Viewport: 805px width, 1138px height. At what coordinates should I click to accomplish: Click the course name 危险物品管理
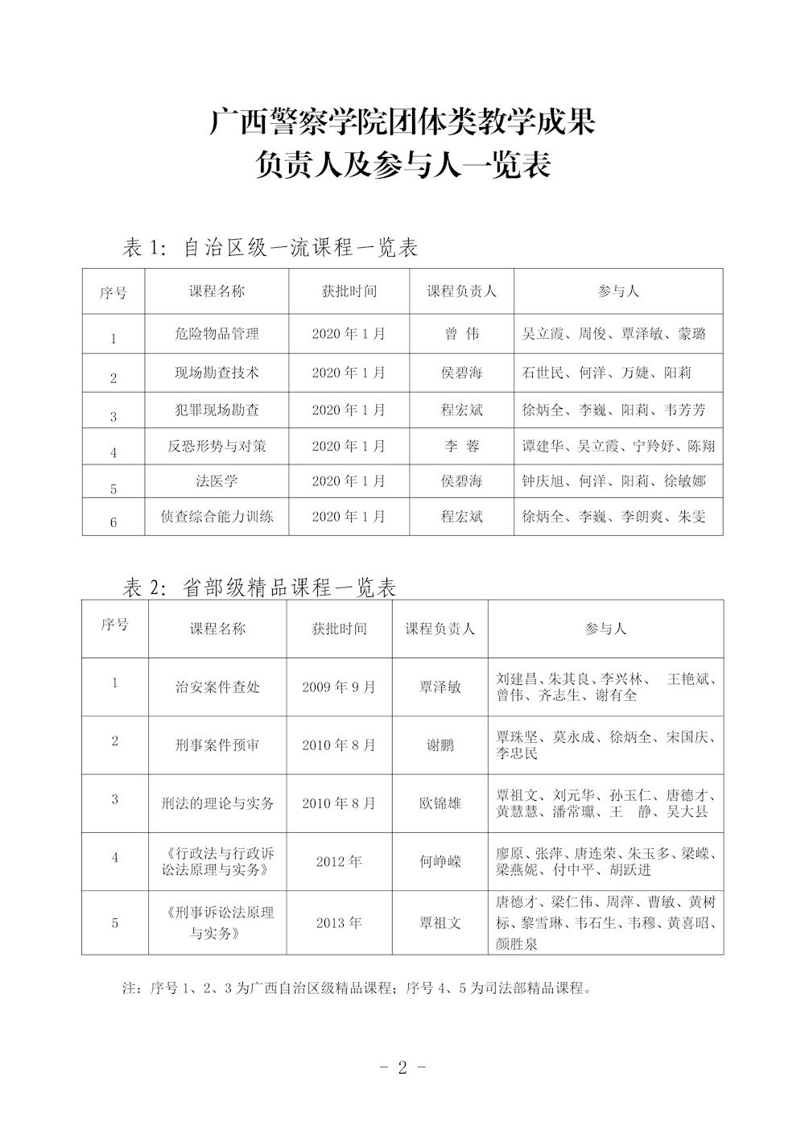(217, 333)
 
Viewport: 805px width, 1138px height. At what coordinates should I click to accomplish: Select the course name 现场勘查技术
(217, 373)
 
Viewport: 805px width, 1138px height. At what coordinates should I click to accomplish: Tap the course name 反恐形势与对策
(217, 446)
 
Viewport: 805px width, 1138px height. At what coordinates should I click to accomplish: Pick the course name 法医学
(217, 481)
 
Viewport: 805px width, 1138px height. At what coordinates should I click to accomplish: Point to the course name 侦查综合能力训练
(217, 517)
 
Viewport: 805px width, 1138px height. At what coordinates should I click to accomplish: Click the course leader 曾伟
(461, 333)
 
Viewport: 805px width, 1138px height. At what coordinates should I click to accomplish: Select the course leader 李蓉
(461, 446)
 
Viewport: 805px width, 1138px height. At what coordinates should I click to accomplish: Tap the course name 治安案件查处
(217, 687)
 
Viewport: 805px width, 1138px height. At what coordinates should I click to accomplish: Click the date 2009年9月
(339, 687)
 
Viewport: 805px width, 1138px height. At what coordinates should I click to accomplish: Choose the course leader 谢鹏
(440, 745)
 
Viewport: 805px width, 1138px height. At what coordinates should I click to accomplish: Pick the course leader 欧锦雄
(440, 803)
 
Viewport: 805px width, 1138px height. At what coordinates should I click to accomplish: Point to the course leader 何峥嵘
(440, 862)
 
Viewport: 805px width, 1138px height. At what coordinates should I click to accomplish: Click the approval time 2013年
(339, 922)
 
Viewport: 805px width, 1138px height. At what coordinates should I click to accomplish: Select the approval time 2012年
(339, 862)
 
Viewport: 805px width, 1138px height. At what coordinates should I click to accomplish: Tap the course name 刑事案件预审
(217, 745)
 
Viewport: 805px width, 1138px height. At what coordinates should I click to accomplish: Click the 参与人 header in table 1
(618, 291)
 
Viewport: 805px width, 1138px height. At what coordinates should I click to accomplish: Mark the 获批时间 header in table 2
(339, 629)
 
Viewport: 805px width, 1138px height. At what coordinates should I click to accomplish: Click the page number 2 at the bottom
(402, 1068)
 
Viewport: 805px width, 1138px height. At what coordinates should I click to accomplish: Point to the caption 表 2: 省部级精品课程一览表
(259, 588)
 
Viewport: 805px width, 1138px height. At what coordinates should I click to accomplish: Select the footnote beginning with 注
(357, 988)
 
